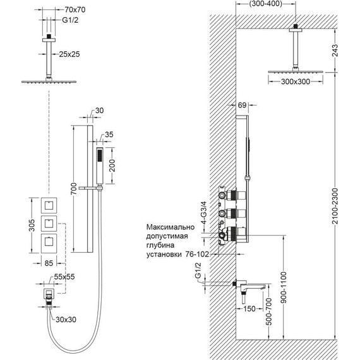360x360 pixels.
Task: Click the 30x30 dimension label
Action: [68, 320]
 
